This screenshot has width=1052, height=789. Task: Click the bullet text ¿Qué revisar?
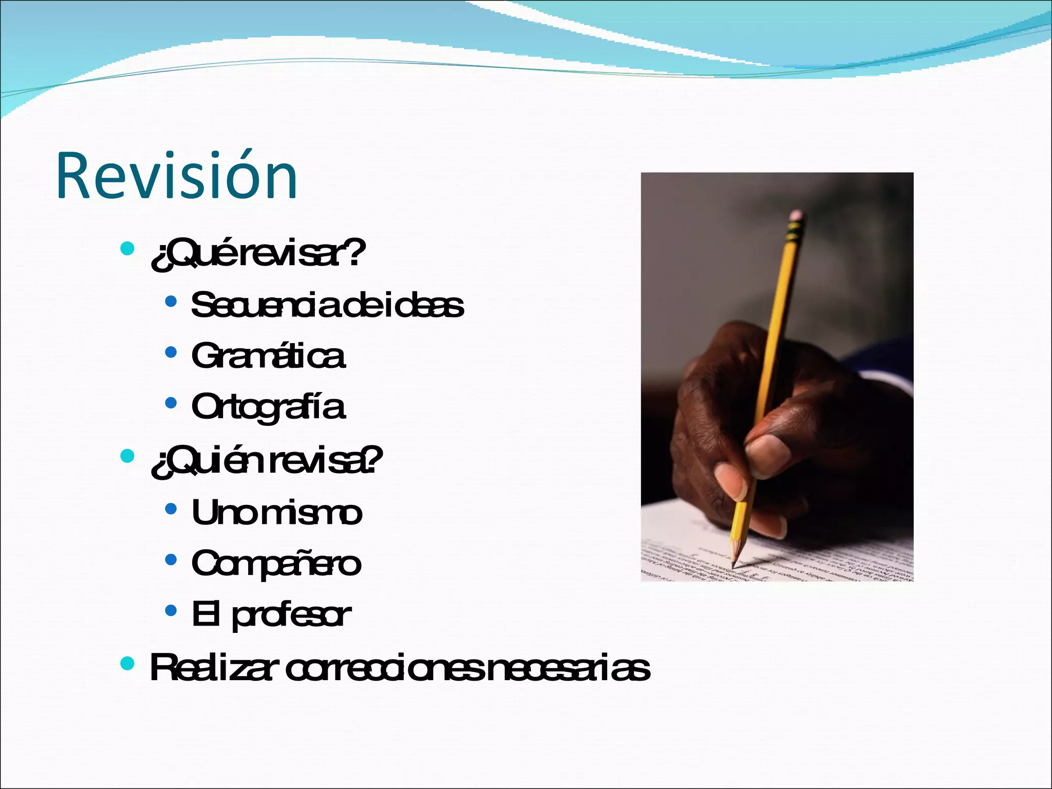tap(258, 253)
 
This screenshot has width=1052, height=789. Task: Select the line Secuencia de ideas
tap(327, 305)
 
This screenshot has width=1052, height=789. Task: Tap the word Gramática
tap(268, 355)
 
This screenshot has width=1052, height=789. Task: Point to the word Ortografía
tap(268, 407)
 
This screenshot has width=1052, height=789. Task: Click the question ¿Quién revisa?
tap(267, 461)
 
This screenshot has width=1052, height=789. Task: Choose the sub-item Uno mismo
tap(277, 513)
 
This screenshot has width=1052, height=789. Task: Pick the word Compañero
tap(276, 563)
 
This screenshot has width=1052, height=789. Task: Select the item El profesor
tap(271, 614)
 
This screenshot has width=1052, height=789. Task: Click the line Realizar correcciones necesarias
tap(400, 668)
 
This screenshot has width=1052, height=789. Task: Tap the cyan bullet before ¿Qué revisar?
tap(127, 249)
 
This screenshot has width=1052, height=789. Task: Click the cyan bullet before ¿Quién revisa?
tap(127, 456)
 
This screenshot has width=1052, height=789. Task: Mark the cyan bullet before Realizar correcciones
tap(127, 663)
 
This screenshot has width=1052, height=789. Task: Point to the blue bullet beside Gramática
tap(171, 352)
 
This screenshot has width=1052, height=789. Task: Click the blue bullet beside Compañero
tap(171, 559)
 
